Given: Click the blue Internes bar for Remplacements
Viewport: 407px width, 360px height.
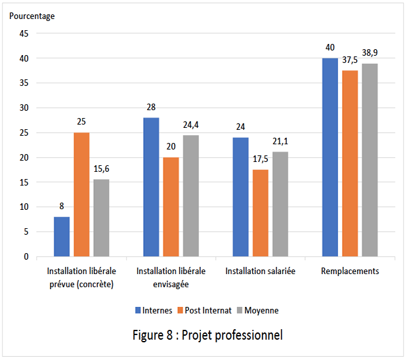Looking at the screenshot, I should [330, 157].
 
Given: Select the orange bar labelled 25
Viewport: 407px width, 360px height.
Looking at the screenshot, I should [81, 194].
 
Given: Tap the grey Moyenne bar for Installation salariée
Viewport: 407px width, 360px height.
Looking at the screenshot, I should [280, 204].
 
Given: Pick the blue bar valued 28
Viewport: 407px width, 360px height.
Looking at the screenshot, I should [151, 187].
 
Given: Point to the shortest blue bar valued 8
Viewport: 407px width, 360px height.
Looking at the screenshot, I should [62, 236].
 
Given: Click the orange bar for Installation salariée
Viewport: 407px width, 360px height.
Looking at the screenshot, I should [261, 213].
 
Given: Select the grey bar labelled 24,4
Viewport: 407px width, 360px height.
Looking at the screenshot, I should [190, 195].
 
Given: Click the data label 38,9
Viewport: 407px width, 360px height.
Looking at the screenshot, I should [370, 52].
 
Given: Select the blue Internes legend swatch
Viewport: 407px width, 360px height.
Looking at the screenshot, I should [138, 310].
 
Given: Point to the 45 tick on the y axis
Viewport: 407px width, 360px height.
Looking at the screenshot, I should [23, 33].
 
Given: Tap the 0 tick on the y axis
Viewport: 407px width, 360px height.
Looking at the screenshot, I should [26, 256].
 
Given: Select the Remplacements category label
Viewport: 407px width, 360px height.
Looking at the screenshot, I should [350, 271].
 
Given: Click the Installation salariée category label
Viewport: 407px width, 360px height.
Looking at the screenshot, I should [261, 271].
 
